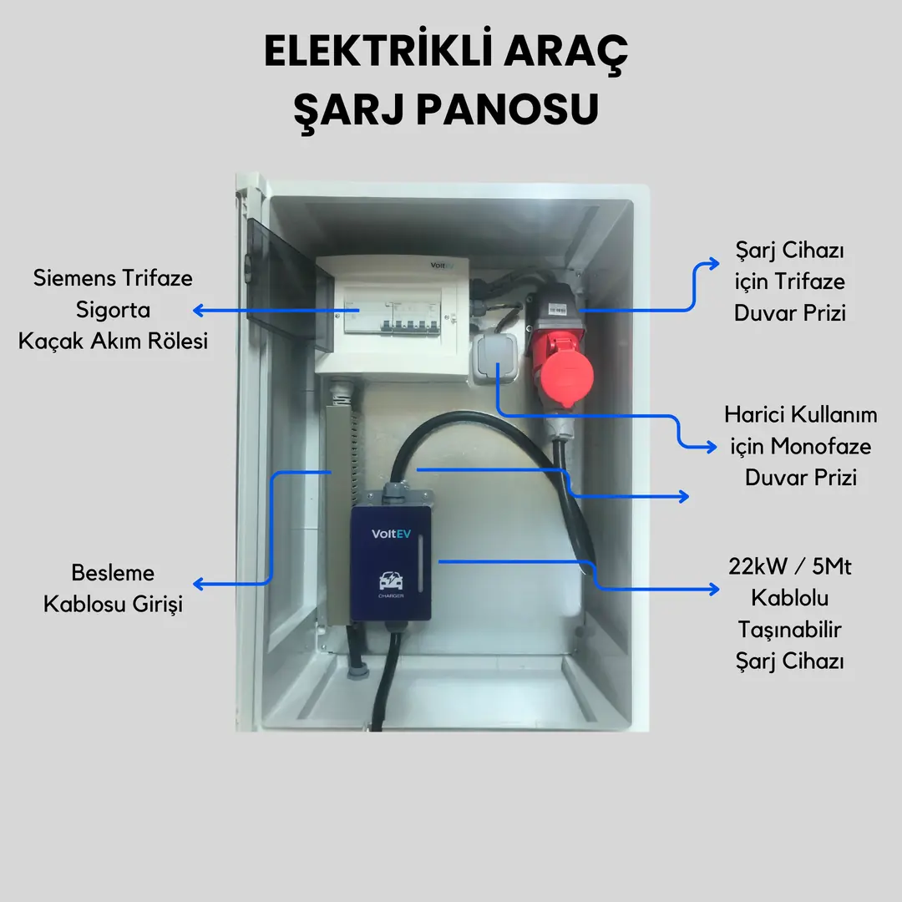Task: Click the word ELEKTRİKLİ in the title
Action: pos(378,51)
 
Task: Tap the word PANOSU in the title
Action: pos(508,109)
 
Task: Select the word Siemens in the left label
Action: pos(73,278)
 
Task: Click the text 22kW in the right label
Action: pos(758,566)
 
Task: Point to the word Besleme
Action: pos(113,572)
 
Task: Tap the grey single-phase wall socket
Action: pos(495,359)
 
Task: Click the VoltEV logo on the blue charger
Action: pos(391,534)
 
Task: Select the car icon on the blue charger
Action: pos(391,580)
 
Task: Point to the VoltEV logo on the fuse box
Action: pos(442,266)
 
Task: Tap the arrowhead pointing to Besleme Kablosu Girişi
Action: pos(199,584)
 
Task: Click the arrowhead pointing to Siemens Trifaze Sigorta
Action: pos(199,311)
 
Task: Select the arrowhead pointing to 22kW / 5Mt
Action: pos(714,589)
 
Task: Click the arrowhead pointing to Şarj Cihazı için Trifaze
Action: pos(714,263)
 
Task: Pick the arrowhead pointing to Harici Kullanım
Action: pos(712,446)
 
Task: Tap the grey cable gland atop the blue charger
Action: pos(395,491)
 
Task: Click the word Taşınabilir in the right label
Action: pos(789,630)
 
